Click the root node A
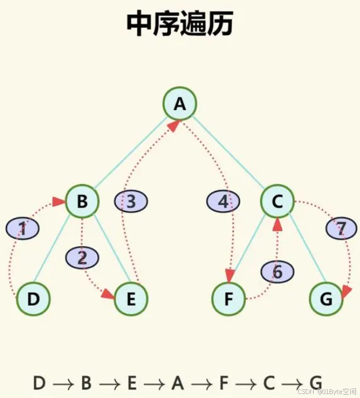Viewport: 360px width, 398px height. coord(179,104)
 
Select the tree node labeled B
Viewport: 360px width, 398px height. coord(82,201)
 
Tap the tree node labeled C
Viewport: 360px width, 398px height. coord(277,201)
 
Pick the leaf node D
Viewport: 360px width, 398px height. coord(33,299)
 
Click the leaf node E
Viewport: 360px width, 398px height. coord(131,299)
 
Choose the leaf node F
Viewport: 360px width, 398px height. coord(229,299)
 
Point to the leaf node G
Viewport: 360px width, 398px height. coord(326,299)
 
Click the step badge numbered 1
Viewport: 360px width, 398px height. coord(23,229)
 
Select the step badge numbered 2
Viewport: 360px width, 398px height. coord(82,258)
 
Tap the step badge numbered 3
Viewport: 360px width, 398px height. coord(131,202)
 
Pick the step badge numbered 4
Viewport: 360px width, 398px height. coord(223,202)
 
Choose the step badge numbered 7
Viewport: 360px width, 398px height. coord(341,229)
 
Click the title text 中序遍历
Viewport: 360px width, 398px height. coord(179,24)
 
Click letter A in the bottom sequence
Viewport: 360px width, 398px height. coord(178,383)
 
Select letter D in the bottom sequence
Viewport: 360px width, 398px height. coord(39,383)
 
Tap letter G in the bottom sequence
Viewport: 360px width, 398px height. coord(315,383)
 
